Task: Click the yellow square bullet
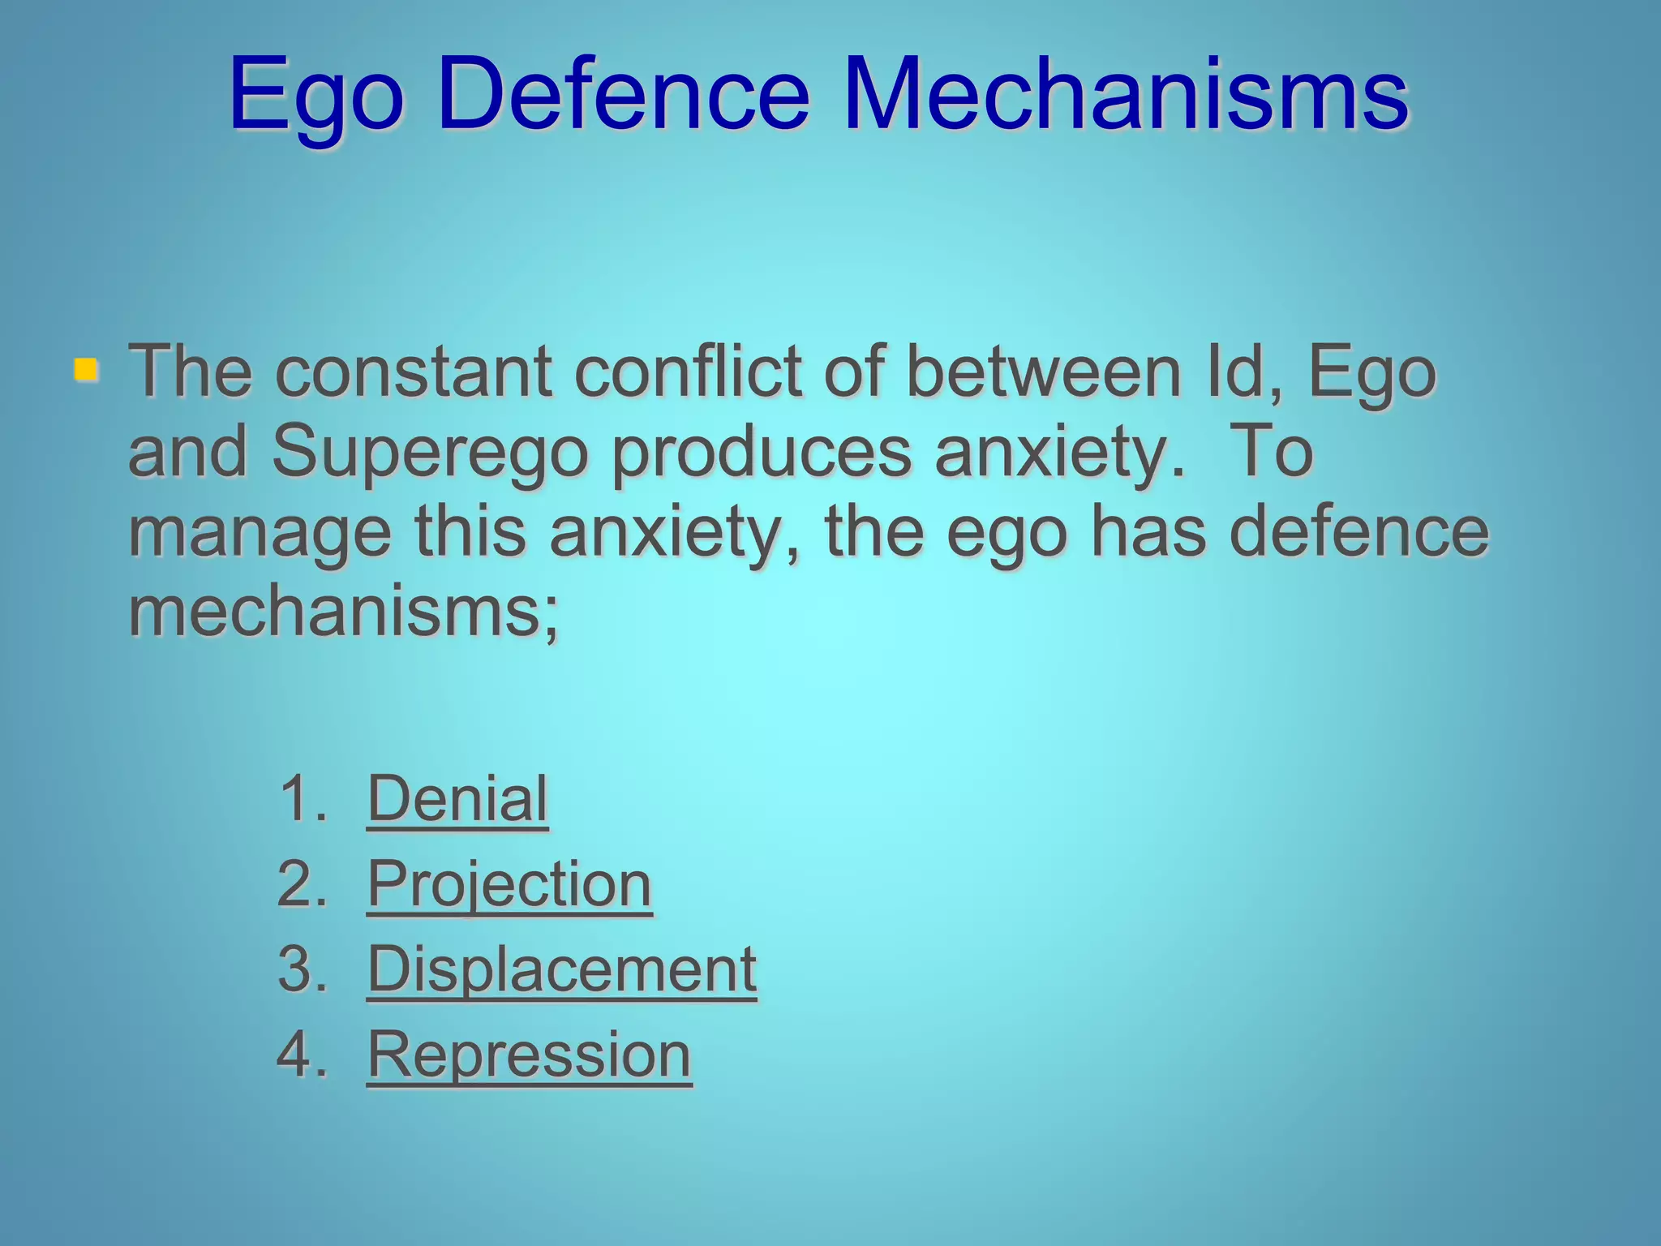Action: (85, 370)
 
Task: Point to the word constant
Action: (414, 373)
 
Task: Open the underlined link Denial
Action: (457, 799)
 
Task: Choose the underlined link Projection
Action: (509, 884)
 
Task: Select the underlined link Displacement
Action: (561, 969)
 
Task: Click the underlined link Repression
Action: (529, 1055)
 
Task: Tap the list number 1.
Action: (300, 799)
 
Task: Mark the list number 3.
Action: (300, 969)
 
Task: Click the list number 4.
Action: (300, 1055)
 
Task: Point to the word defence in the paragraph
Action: (1359, 533)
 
